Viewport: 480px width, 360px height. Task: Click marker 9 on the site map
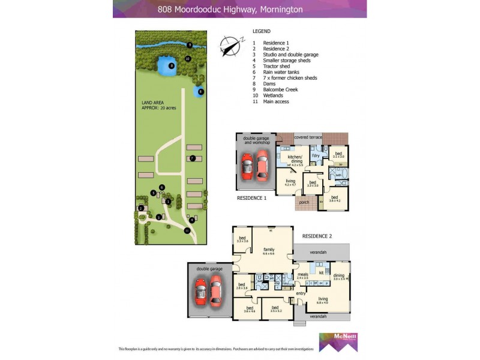pos(189,45)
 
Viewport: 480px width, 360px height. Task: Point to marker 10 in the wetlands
pos(188,59)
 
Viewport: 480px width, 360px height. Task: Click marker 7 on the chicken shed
pos(192,158)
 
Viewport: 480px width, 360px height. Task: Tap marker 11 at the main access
pos(187,230)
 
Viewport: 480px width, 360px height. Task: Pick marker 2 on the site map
pos(140,208)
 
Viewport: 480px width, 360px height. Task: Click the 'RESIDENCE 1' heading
pos(251,197)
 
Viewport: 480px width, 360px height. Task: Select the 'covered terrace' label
pos(308,137)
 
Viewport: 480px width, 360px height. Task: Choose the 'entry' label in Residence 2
pos(301,293)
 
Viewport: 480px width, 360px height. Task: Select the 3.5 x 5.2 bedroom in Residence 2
pos(276,310)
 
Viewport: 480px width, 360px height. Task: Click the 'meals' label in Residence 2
pos(302,274)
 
